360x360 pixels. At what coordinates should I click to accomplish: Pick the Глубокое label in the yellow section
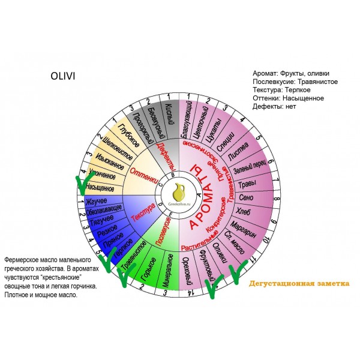tap(128, 133)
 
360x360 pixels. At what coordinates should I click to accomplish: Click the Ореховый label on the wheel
tap(189, 270)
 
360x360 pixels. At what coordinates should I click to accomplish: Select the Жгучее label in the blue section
tap(98, 201)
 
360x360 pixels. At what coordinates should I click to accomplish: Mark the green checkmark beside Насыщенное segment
tap(82, 185)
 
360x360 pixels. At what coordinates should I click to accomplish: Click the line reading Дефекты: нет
tap(275, 106)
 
